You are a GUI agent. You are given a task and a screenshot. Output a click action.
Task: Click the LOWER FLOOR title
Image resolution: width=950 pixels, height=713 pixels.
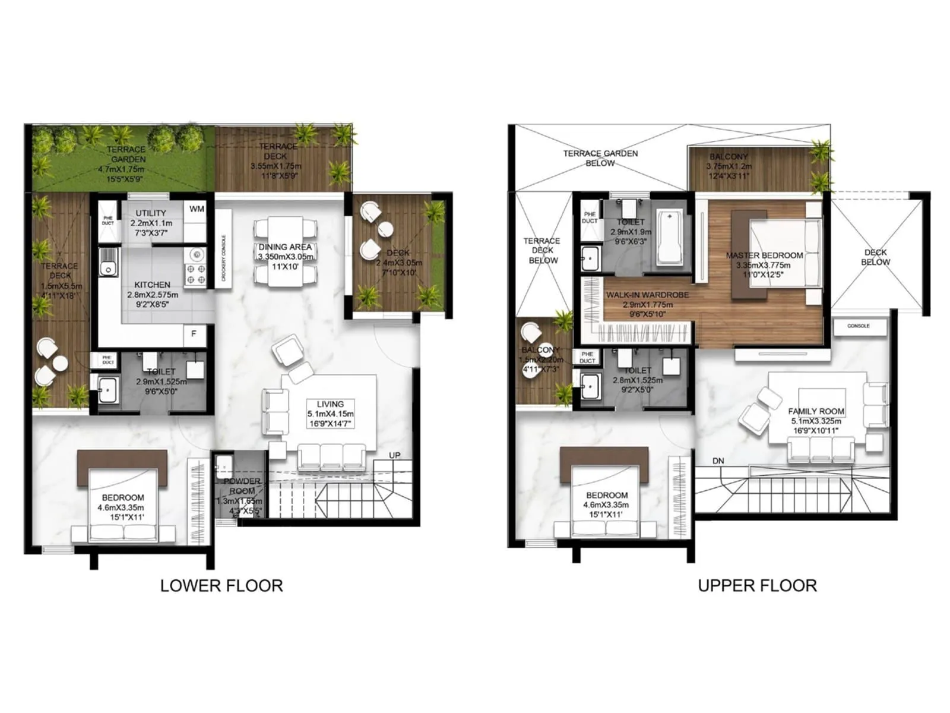tap(221, 586)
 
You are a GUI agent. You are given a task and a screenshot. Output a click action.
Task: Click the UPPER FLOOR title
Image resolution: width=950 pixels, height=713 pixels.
tap(757, 586)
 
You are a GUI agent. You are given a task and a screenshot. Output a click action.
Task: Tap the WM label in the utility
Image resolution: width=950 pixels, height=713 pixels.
tap(197, 209)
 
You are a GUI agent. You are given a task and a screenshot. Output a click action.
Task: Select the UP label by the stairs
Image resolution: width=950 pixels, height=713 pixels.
tap(395, 455)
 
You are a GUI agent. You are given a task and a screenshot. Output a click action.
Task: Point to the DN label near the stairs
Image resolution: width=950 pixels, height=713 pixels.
tap(718, 461)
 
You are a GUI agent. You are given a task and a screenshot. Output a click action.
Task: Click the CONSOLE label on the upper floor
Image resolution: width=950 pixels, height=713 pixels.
tap(858, 326)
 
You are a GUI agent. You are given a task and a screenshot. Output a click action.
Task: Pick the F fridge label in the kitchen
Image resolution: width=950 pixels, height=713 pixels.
tap(194, 334)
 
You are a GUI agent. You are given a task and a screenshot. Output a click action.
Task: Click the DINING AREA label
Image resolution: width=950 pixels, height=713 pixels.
tap(285, 247)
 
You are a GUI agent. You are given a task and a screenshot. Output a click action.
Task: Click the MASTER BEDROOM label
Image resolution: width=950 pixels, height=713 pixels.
tap(764, 255)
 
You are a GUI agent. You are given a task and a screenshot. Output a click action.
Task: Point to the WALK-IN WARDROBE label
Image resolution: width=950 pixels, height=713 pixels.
tap(647, 295)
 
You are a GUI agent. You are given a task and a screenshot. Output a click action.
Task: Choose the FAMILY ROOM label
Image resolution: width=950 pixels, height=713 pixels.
tap(816, 411)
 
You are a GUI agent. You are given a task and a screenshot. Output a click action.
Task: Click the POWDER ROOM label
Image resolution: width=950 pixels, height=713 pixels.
tap(242, 486)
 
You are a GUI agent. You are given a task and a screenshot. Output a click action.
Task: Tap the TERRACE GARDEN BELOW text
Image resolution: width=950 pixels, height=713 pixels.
tap(600, 158)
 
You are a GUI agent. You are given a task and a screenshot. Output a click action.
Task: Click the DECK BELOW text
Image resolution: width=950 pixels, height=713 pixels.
tap(875, 257)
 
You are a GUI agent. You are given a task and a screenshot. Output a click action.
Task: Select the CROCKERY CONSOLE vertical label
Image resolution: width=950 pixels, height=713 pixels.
tap(224, 258)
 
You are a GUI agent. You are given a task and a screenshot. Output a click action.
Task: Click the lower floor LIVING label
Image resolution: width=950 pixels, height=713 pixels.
tap(330, 404)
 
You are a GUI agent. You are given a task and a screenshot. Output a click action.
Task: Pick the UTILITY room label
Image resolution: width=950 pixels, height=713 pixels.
tap(151, 213)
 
